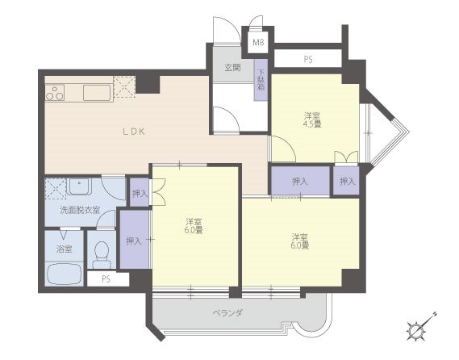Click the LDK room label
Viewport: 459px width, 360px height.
click(x=133, y=132)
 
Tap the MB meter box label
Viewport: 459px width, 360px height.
click(x=258, y=43)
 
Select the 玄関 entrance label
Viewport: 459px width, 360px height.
click(x=232, y=68)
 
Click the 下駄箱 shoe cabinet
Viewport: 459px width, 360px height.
click(x=261, y=80)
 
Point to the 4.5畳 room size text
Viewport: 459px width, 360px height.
click(x=312, y=124)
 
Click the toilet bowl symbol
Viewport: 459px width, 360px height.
click(x=102, y=254)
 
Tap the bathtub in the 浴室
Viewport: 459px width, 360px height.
click(x=65, y=274)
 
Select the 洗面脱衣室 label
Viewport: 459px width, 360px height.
click(x=80, y=210)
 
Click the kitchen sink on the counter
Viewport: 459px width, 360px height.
click(x=97, y=92)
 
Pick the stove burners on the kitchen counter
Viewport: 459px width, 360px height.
click(x=55, y=93)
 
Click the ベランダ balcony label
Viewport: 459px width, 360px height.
click(x=227, y=313)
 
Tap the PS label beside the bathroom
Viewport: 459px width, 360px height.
click(x=106, y=278)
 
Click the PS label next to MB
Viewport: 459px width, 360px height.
click(x=307, y=60)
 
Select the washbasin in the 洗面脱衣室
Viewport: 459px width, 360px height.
click(x=79, y=186)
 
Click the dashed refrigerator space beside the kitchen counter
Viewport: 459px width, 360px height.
click(x=124, y=86)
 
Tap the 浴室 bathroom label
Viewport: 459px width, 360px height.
click(x=64, y=249)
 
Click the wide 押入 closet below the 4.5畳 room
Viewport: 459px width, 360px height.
click(x=301, y=181)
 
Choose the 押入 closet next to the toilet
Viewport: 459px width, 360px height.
click(x=135, y=239)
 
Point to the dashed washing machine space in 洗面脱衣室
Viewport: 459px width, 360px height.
click(x=56, y=188)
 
